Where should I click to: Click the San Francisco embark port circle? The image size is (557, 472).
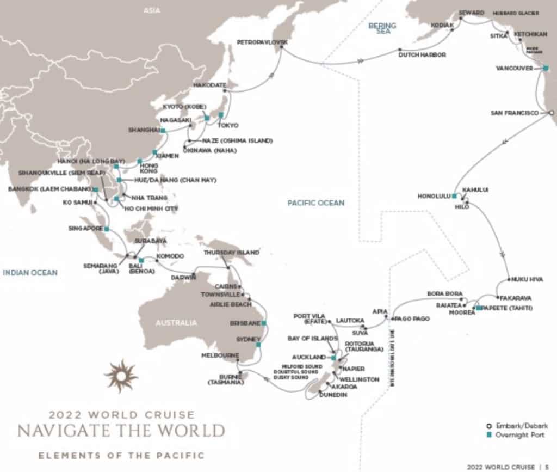550,113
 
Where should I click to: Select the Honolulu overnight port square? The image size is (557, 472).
454,195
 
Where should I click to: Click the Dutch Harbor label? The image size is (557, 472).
422,55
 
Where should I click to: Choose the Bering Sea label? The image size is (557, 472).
382,28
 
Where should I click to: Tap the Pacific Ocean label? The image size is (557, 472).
316,203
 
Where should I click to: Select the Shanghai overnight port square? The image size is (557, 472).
163,131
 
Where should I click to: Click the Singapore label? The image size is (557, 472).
85,228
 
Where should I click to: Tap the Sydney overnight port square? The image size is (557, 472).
258,345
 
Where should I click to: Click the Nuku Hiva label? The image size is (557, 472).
527,279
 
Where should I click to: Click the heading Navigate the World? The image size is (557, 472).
121,430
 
